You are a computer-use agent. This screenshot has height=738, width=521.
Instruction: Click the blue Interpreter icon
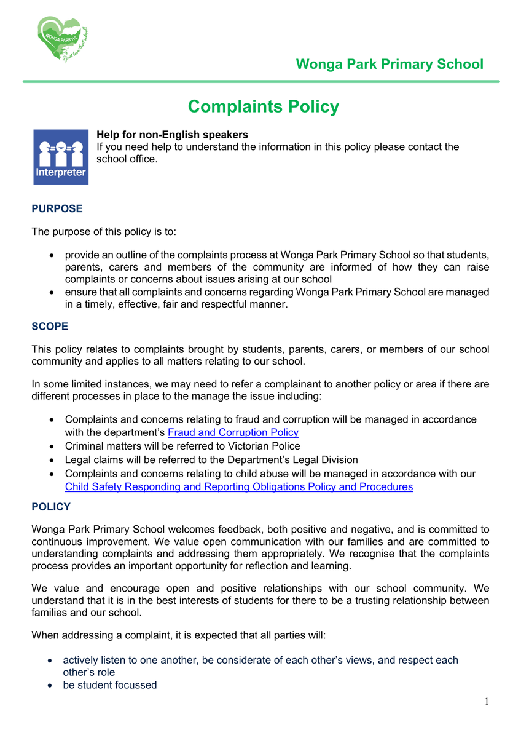[61, 157]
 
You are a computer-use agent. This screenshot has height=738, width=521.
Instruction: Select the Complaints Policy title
[263, 106]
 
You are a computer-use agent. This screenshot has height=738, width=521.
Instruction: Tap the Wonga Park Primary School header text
[390, 64]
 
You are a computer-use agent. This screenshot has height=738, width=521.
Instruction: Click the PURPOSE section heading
[57, 208]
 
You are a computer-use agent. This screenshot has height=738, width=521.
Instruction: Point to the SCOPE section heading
[50, 326]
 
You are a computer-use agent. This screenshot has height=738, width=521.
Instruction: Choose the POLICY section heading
[51, 507]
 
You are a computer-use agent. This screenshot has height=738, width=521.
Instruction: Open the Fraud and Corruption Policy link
[233, 432]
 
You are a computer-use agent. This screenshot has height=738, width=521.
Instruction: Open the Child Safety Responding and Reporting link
[239, 486]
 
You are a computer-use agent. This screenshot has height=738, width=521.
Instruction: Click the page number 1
[486, 702]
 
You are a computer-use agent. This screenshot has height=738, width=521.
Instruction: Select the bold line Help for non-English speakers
[173, 135]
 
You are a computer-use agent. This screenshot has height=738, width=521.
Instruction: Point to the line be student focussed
[110, 684]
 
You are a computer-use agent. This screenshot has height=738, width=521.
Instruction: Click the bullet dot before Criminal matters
[53, 446]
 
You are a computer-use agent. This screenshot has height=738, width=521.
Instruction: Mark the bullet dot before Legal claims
[53, 460]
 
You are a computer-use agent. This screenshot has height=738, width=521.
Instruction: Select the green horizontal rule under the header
[261, 81]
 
